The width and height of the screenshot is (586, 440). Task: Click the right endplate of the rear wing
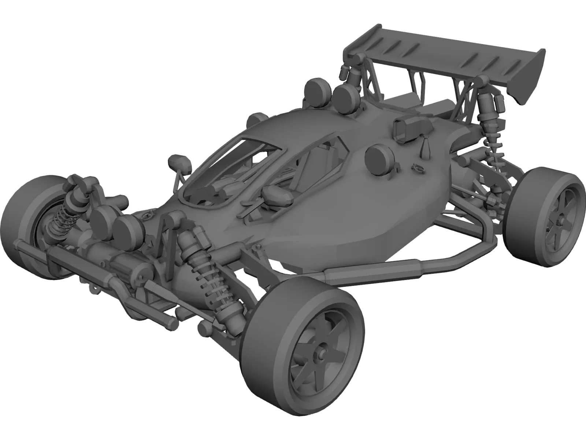tap(527, 79)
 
